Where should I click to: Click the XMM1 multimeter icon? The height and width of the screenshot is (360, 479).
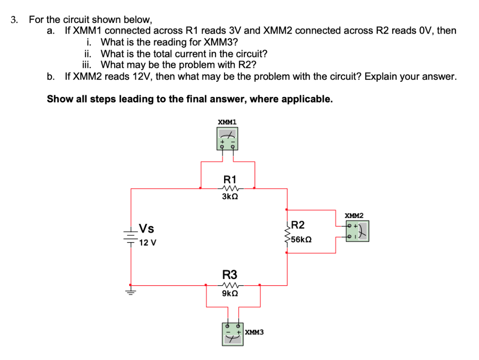228,139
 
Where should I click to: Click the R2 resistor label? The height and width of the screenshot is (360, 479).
298,225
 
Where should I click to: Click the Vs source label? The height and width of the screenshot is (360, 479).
147,229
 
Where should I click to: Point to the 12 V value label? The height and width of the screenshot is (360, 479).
148,243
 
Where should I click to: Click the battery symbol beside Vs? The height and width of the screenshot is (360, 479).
131,236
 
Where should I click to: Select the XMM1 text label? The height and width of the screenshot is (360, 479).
227,122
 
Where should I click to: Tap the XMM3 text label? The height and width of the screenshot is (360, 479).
254,332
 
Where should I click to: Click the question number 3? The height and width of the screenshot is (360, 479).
15,20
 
